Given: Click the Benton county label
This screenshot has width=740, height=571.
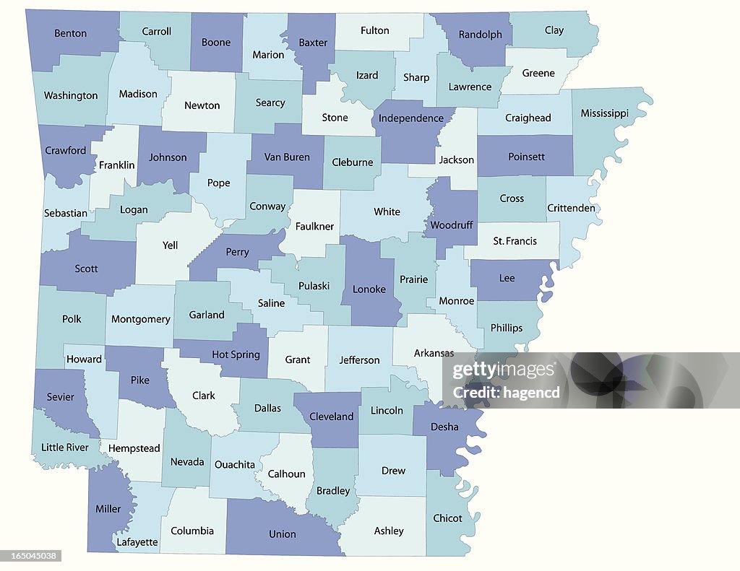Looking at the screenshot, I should point(71,33).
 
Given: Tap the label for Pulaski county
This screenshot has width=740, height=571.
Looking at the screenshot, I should point(314,286).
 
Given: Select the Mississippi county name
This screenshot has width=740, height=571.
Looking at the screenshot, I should point(605,113).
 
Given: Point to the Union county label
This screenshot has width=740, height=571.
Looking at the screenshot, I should point(283,534).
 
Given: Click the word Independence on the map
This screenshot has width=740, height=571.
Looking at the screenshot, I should point(411,118).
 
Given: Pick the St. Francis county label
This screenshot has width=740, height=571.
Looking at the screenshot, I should point(515,241).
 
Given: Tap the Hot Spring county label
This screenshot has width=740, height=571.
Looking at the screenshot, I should point(236,354).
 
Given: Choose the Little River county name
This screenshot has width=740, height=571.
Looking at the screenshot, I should point(65,448).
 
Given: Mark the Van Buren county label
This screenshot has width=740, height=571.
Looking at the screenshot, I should point(287,157).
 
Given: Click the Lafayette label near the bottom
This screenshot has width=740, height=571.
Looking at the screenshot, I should point(137,541).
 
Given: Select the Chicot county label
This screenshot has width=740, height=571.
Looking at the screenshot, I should point(447,518).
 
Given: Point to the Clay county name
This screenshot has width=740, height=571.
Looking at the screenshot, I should point(554,30).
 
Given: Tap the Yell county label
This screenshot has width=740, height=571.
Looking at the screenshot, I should point(170,245).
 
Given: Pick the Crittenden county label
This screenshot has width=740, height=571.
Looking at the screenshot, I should point(572,209).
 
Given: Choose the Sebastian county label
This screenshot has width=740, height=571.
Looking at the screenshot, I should point(65,213).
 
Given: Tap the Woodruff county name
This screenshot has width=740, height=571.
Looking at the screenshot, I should point(452,225).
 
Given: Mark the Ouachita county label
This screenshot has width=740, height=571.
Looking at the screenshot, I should point(235,464).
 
